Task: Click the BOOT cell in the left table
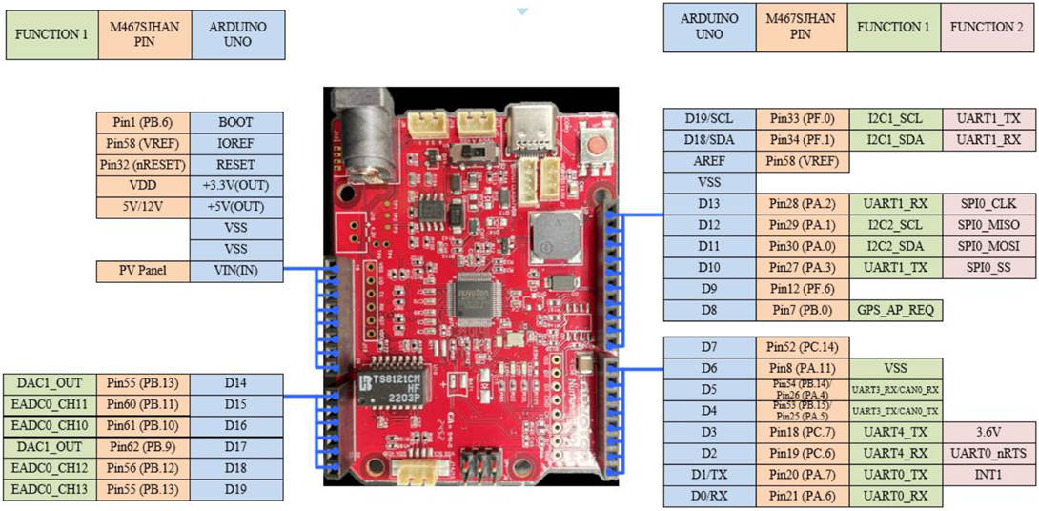tap(236, 123)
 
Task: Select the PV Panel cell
tap(143, 271)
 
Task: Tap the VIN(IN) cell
tap(236, 271)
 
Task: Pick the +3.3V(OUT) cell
tap(236, 186)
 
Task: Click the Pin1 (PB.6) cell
tap(143, 123)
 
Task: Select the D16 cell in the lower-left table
tap(236, 425)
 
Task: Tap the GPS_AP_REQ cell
tap(895, 310)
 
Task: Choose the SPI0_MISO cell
tap(988, 225)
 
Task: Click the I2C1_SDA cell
tap(895, 140)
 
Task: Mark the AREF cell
tap(709, 161)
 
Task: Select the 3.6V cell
tap(988, 432)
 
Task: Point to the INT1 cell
tap(988, 475)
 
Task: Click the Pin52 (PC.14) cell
tap(802, 347)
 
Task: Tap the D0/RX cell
tap(709, 496)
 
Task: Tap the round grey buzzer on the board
tap(550, 242)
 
